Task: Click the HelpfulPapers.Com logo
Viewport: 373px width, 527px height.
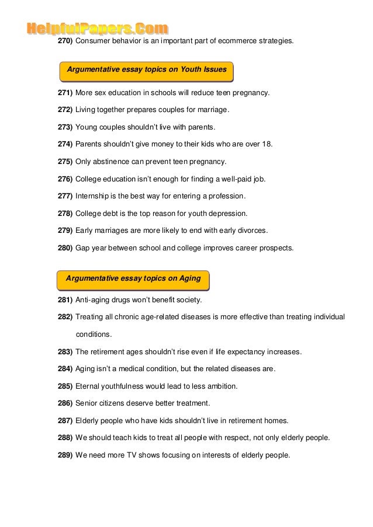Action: pos(98,28)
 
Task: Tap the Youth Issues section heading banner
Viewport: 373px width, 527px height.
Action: pos(147,70)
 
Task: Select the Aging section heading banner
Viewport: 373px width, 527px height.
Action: pos(134,279)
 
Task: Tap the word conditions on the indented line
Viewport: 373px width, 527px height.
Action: pos(94,335)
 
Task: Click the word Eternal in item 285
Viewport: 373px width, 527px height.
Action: pos(88,386)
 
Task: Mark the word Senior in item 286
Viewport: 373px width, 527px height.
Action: pos(87,403)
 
